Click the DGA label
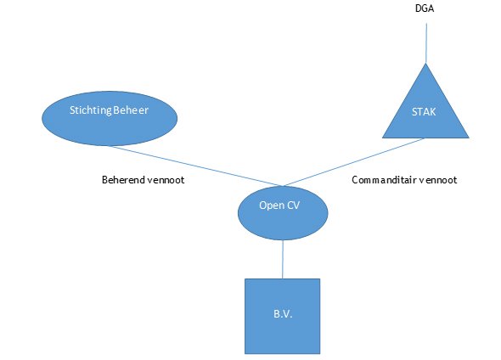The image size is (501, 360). pyautogui.click(x=425, y=8)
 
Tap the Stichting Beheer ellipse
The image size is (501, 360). pyautogui.click(x=110, y=119)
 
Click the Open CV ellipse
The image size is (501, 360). pyautogui.click(x=283, y=213)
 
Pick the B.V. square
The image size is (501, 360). pyautogui.click(x=283, y=316)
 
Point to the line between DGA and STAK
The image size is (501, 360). pyautogui.click(x=426, y=43)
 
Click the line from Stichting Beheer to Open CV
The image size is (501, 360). pyautogui.click(x=195, y=166)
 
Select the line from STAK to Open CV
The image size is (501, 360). pyautogui.click(x=354, y=162)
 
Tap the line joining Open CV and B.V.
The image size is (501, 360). pyautogui.click(x=283, y=259)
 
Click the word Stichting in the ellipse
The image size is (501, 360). pyautogui.click(x=90, y=110)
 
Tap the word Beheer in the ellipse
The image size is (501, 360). pyautogui.click(x=131, y=110)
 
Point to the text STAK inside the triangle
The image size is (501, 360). pyautogui.click(x=424, y=112)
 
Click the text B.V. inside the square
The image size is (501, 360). pyautogui.click(x=283, y=314)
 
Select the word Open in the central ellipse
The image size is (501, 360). pyautogui.click(x=272, y=205)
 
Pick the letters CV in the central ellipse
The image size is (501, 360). pyautogui.click(x=293, y=205)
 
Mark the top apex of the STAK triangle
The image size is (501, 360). pyautogui.click(x=425, y=63)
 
